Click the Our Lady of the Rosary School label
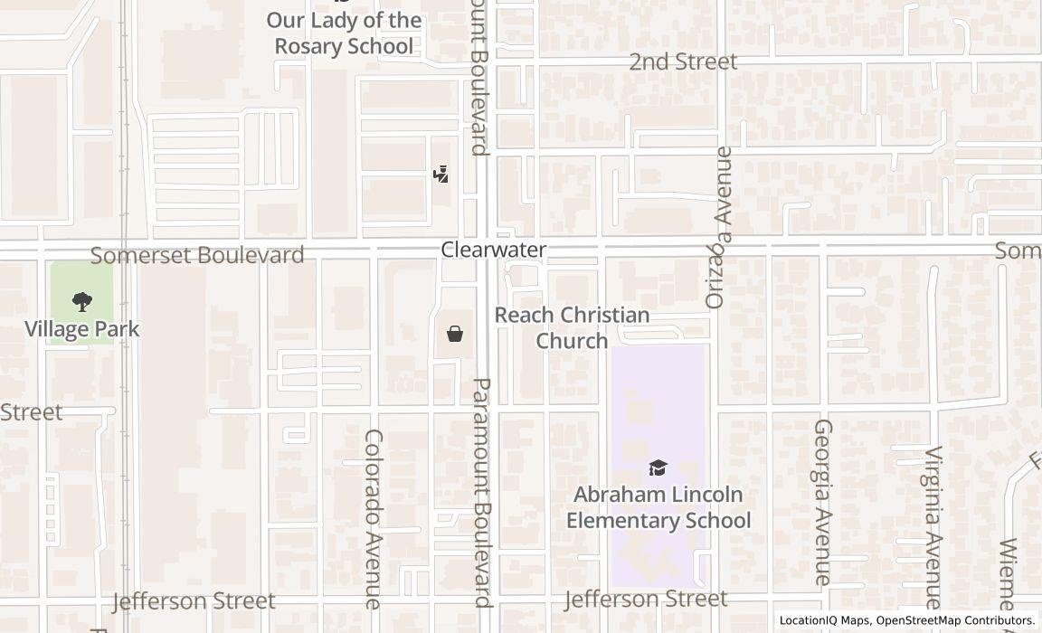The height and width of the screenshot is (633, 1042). pyautogui.click(x=344, y=33)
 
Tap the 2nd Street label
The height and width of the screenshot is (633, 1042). pyautogui.click(x=684, y=61)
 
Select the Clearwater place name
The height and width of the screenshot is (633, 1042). pyautogui.click(x=494, y=250)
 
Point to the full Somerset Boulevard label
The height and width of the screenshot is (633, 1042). pyautogui.click(x=197, y=255)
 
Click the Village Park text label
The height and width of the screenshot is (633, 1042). pyautogui.click(x=82, y=329)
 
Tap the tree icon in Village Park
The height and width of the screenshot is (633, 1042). pyautogui.click(x=82, y=302)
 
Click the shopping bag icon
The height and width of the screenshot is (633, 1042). pyautogui.click(x=455, y=335)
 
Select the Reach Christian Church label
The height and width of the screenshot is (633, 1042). pyautogui.click(x=572, y=327)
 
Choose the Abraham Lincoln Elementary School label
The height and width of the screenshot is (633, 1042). pyautogui.click(x=658, y=507)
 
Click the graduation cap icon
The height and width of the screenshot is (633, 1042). pyautogui.click(x=658, y=468)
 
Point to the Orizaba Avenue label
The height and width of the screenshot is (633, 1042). pyautogui.click(x=718, y=227)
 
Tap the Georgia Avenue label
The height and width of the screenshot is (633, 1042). pyautogui.click(x=822, y=501)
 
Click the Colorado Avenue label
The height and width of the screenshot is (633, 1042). pyautogui.click(x=374, y=518)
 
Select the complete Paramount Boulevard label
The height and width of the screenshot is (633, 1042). pyautogui.click(x=482, y=492)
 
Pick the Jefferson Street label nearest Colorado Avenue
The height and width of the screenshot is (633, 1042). pyautogui.click(x=194, y=601)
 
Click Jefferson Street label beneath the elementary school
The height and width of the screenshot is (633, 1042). pyautogui.click(x=646, y=599)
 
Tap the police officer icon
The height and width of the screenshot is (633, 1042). pyautogui.click(x=441, y=174)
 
